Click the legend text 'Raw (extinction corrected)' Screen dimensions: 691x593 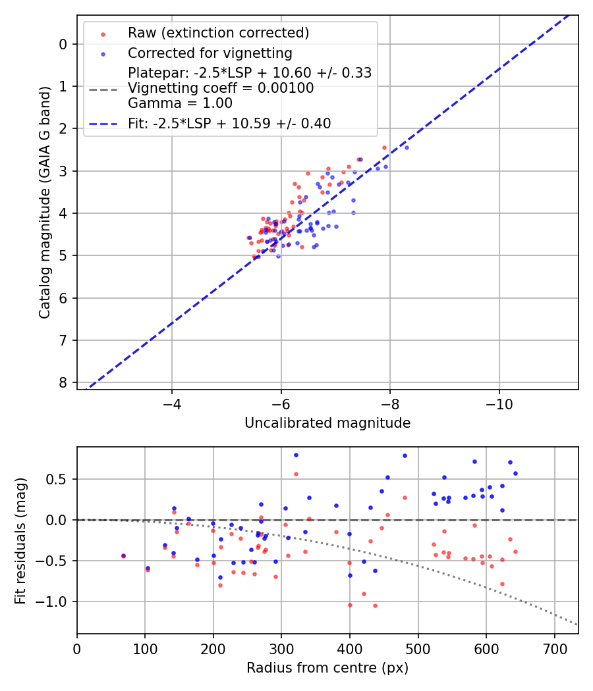(x=218, y=33)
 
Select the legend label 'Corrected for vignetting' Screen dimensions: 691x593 (x=210, y=53)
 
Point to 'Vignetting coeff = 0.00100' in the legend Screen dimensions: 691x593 (x=221, y=88)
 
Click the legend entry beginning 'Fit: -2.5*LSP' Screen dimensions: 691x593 (x=229, y=123)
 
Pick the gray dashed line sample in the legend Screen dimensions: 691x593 (x=103, y=89)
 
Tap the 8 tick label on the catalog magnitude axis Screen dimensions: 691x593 (x=64, y=383)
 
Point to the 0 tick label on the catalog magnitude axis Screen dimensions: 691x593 (x=64, y=44)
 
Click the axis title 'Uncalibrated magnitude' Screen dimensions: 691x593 (x=327, y=423)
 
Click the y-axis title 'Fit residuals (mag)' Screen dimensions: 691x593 (x=20, y=540)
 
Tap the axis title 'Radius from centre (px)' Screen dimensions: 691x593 (x=327, y=668)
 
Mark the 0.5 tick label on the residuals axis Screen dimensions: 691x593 (x=59, y=479)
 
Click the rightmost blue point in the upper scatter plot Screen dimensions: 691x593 (x=407, y=147)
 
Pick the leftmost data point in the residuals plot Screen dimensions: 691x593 (x=123, y=555)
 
